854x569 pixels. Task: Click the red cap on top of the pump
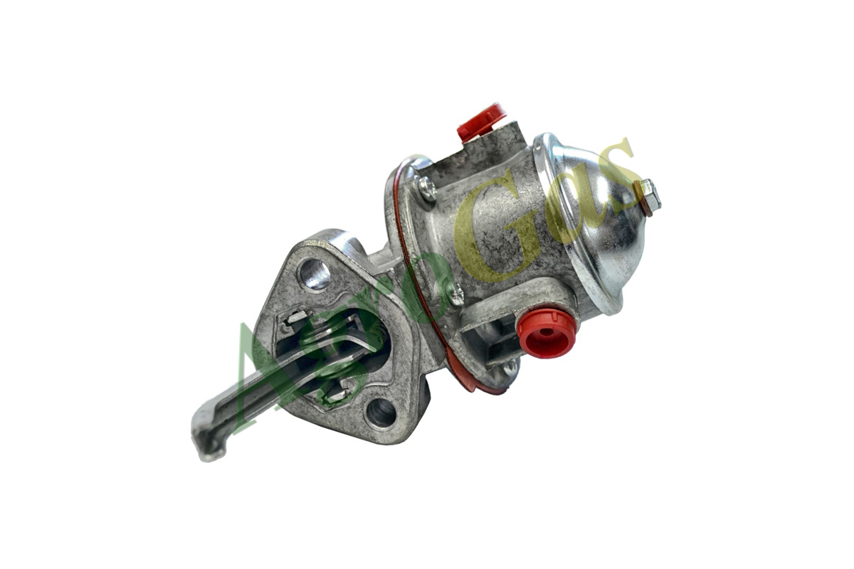tap(482, 122)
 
